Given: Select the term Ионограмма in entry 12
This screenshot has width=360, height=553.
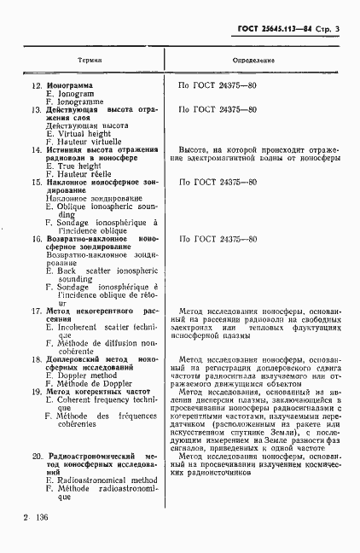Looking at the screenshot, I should [76, 86].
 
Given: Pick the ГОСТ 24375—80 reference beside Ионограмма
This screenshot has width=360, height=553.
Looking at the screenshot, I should [218, 86].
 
